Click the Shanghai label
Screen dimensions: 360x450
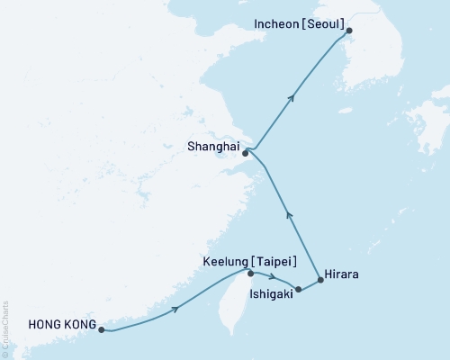[x=213, y=142]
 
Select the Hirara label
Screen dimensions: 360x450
[x=343, y=276]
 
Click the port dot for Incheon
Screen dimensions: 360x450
[x=350, y=31]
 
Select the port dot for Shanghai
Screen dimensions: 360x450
[x=245, y=153]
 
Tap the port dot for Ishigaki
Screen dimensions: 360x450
[x=298, y=290]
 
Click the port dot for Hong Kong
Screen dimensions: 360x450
[x=102, y=329]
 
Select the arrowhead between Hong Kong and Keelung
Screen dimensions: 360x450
[x=176, y=308]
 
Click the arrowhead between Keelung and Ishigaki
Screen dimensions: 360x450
[x=272, y=276]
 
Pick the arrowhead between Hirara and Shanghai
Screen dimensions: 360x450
[x=288, y=213]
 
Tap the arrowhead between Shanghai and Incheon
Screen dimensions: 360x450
[x=291, y=100]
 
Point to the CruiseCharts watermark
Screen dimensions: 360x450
[x=5, y=328]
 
